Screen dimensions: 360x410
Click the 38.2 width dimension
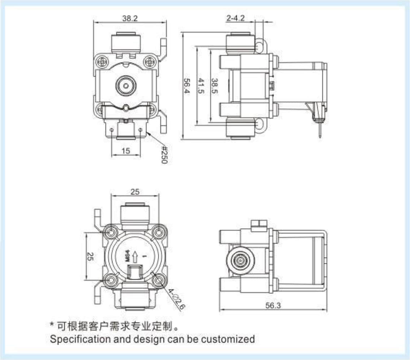click(x=129, y=18)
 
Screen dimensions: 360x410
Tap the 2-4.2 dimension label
click(x=235, y=18)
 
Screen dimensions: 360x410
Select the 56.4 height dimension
click(x=187, y=86)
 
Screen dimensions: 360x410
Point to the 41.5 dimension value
click(x=201, y=86)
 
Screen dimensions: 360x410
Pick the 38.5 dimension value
click(x=215, y=86)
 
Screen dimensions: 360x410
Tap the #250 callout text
click(x=163, y=155)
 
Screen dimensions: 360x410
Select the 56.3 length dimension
click(x=273, y=305)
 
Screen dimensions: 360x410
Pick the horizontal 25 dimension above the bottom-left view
click(x=135, y=192)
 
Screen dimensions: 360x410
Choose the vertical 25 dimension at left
click(x=91, y=257)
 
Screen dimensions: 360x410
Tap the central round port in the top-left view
click(x=125, y=86)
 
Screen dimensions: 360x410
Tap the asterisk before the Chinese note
click(x=52, y=325)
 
